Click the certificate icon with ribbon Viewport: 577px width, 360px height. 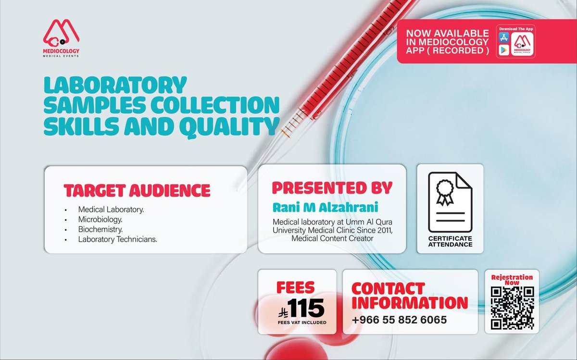450,202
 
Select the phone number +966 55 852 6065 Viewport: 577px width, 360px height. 399,320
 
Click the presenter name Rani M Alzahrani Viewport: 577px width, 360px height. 325,207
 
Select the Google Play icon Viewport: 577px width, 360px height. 503,50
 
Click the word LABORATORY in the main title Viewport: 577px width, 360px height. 115,86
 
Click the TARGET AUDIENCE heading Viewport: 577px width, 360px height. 137,190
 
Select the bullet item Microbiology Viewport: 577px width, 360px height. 100,219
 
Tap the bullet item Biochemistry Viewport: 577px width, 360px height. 100,229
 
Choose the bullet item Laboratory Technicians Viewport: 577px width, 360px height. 118,239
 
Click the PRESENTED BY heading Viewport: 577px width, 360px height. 332,187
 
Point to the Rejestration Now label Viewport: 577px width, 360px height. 512,280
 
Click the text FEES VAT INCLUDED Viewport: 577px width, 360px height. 302,322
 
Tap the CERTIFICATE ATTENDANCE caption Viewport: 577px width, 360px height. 450,241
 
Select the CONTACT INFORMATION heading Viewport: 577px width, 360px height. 409,296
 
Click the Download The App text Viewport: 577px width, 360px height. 516,29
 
